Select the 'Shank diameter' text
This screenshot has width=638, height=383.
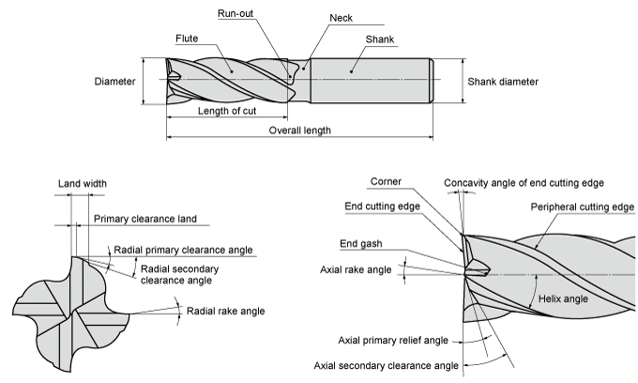click(x=503, y=82)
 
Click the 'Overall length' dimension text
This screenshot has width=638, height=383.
click(x=299, y=130)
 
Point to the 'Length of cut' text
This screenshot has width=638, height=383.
click(x=229, y=111)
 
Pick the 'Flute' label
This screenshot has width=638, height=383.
click(x=189, y=38)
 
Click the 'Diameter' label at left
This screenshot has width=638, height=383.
click(x=114, y=82)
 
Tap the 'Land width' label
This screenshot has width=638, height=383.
click(x=82, y=183)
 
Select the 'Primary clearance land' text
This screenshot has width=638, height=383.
click(x=145, y=219)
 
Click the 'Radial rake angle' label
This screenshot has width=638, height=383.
click(x=225, y=311)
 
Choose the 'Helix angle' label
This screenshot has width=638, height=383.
click(x=562, y=299)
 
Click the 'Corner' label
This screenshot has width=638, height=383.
click(x=387, y=181)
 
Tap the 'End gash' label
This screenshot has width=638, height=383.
click(x=361, y=243)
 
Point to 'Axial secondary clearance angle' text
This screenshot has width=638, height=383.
click(x=386, y=365)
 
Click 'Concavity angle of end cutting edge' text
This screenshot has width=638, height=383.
click(x=524, y=182)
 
